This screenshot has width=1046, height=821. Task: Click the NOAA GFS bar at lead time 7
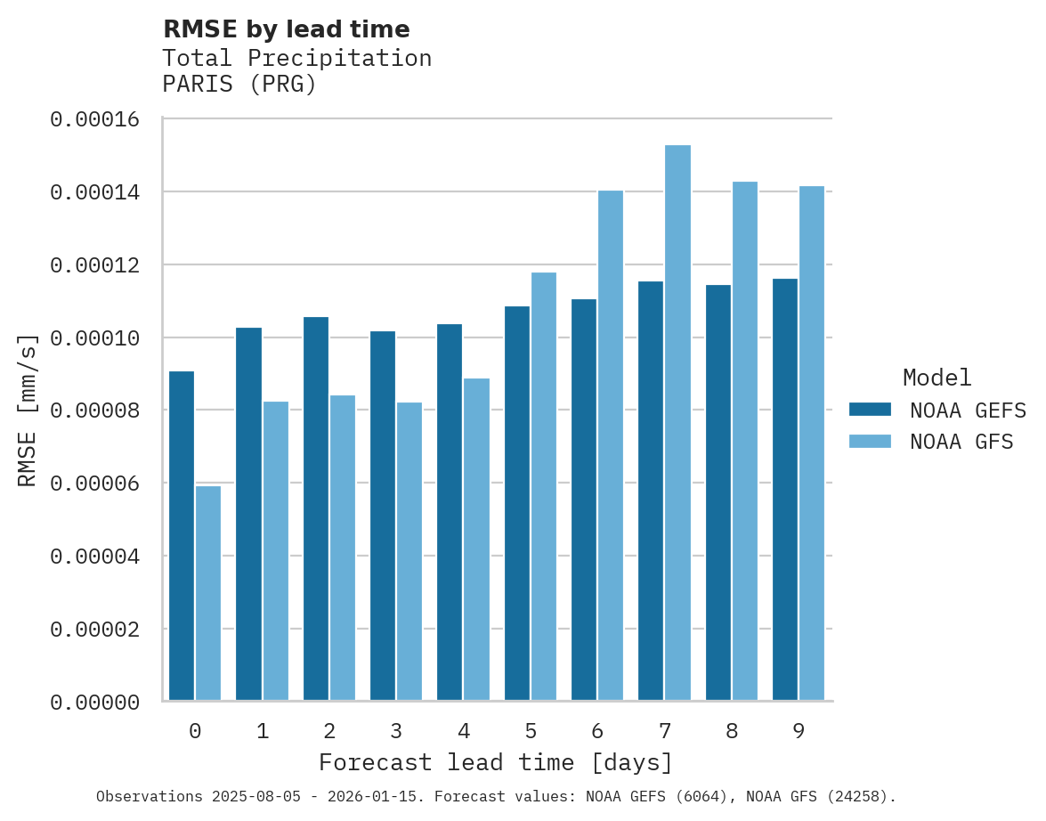(x=677, y=423)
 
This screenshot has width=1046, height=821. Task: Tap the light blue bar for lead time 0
(x=208, y=593)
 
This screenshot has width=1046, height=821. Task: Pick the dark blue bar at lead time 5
(x=517, y=503)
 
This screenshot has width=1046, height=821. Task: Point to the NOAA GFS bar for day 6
(x=611, y=445)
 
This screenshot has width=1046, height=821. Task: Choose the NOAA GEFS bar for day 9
(x=785, y=490)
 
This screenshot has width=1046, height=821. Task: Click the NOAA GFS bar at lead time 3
(x=409, y=551)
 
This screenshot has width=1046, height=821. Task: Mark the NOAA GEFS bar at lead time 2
(x=316, y=508)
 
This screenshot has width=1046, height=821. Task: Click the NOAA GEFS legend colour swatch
(x=870, y=410)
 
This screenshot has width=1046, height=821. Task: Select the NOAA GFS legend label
(x=961, y=442)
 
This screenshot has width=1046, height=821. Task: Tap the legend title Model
(x=937, y=378)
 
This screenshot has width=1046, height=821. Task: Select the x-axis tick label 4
(x=464, y=732)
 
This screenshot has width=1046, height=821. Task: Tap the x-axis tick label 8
(x=732, y=732)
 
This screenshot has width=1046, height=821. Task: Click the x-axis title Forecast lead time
(x=496, y=763)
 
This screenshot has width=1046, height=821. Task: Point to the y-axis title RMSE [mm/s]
(x=28, y=410)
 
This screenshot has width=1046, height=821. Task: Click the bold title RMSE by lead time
(x=287, y=29)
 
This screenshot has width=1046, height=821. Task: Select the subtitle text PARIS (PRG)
(x=239, y=85)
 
